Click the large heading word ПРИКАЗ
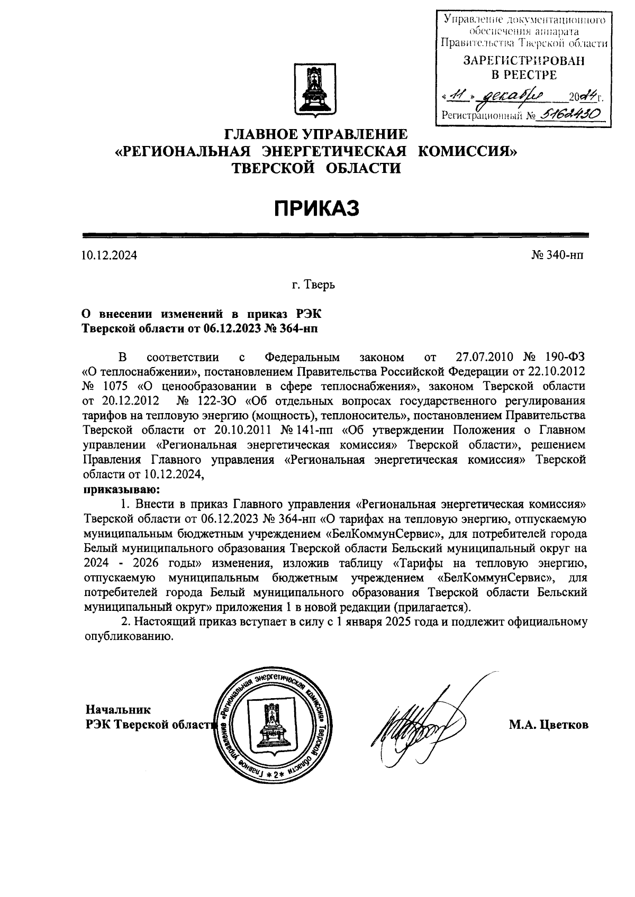(316, 208)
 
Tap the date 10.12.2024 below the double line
(109, 256)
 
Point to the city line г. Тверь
(313, 286)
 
